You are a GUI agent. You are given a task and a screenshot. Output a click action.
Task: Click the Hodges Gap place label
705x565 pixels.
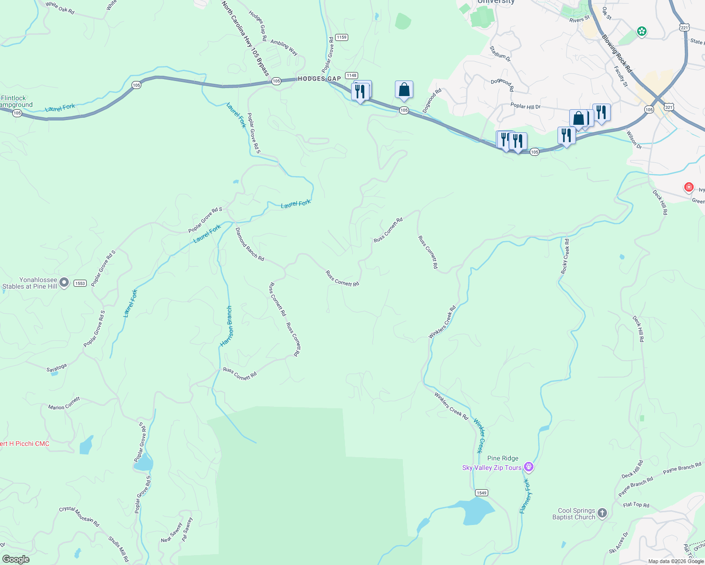(319, 79)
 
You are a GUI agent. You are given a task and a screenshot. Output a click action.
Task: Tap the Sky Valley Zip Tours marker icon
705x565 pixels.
(529, 467)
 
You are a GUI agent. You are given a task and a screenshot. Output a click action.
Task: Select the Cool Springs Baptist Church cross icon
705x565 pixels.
(602, 514)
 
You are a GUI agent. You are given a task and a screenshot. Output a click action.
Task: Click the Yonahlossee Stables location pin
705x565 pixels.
(64, 282)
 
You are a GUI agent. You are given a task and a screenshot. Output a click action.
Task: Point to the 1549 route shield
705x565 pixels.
(481, 492)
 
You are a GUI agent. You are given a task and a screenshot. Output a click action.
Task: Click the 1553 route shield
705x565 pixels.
(80, 283)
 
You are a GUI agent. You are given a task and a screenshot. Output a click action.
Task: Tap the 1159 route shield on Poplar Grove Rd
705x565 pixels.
(342, 37)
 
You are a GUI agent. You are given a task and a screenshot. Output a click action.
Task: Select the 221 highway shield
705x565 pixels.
(685, 28)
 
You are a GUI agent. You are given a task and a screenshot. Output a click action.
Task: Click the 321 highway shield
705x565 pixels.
(669, 107)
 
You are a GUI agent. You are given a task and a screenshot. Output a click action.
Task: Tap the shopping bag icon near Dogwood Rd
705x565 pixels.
(404, 89)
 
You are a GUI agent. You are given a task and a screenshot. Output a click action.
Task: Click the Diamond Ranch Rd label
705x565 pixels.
(249, 244)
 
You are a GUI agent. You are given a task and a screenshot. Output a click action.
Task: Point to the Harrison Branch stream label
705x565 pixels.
(227, 326)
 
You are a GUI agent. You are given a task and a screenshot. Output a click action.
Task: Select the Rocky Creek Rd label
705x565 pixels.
(565, 256)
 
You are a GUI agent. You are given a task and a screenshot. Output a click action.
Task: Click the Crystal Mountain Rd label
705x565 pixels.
(79, 516)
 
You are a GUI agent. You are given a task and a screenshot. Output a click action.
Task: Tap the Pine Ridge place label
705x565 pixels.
(502, 458)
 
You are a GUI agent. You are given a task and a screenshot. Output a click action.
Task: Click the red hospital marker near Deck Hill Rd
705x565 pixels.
(689, 187)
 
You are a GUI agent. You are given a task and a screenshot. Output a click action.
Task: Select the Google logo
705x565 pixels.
(16, 559)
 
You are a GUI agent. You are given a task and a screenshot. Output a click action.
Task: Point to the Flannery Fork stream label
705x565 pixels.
(525, 497)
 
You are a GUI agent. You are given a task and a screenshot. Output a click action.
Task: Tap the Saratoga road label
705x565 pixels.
(57, 368)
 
